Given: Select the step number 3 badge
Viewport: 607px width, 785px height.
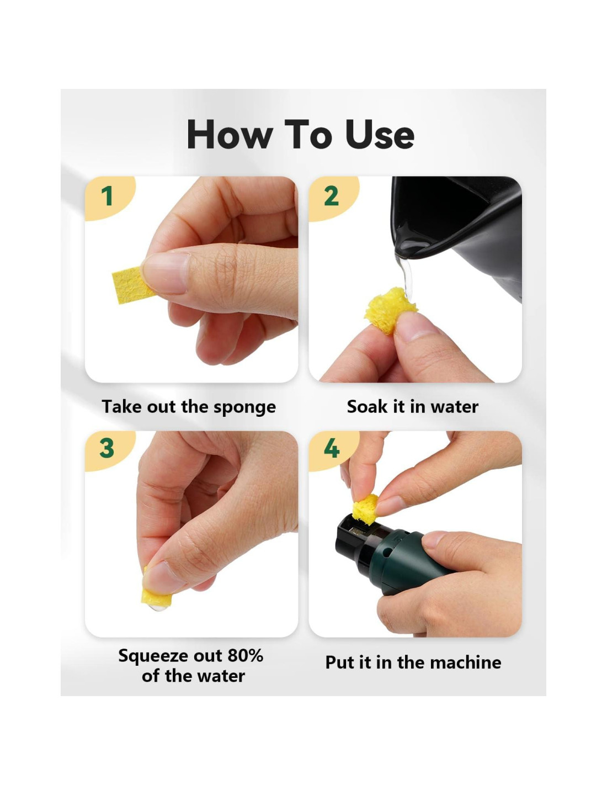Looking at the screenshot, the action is point(107,449).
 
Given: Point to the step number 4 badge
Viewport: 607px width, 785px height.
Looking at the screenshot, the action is point(331,449).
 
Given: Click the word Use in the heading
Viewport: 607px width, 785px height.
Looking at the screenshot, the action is point(380,135).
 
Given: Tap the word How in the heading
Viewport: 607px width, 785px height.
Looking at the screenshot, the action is point(230,135).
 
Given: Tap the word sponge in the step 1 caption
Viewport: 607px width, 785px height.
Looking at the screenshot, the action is point(244,407).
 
